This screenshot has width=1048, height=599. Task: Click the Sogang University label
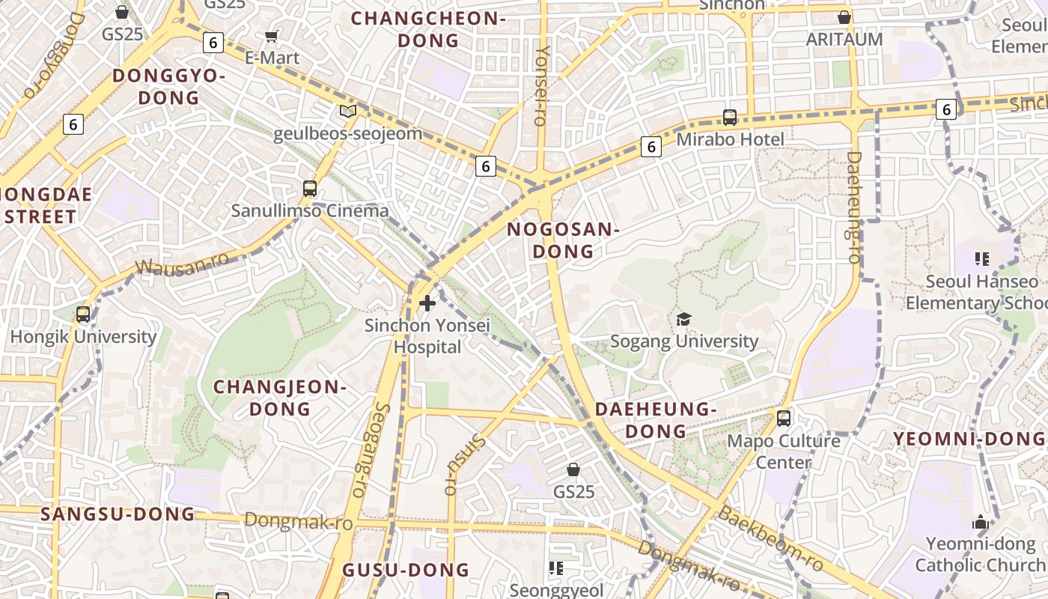click(x=684, y=341)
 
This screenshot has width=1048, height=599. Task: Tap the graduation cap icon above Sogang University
click(x=683, y=320)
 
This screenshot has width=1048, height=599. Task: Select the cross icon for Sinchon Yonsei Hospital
click(x=427, y=303)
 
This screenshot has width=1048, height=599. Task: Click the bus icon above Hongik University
click(x=83, y=314)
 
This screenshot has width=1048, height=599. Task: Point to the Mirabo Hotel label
click(x=730, y=139)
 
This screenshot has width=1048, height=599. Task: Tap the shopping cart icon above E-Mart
click(x=272, y=36)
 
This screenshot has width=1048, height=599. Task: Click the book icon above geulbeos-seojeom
click(x=347, y=112)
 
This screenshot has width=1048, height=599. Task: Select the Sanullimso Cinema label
click(x=310, y=210)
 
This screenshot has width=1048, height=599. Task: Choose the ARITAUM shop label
click(x=844, y=39)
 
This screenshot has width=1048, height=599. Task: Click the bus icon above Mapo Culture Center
click(x=784, y=418)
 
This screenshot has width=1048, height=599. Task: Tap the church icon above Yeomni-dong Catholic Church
click(x=981, y=522)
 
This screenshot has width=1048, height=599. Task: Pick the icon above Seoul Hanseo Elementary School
click(x=982, y=259)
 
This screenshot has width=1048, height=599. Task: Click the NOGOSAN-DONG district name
click(x=563, y=240)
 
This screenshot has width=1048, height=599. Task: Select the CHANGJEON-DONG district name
click(x=280, y=398)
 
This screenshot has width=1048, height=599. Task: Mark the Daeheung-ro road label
click(x=854, y=207)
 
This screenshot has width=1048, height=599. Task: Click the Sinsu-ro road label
click(x=464, y=465)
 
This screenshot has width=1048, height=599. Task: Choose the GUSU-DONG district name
click(x=406, y=570)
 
